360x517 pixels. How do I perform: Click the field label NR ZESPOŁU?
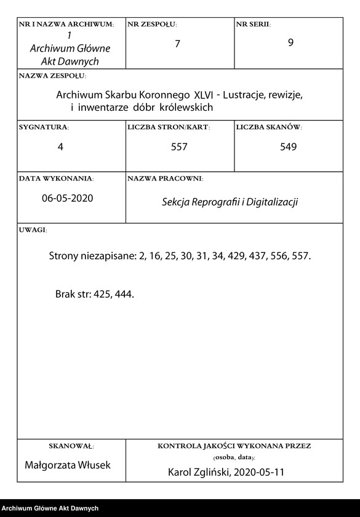[151, 24]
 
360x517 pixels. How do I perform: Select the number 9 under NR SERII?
[290, 44]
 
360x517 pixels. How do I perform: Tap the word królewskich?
[186, 107]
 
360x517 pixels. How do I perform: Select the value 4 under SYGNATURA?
[60, 147]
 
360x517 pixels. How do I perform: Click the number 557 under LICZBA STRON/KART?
[179, 147]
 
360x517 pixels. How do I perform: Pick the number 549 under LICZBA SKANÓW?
[287, 147]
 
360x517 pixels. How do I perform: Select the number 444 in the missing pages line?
[123, 294]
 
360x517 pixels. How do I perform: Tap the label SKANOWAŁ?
[70, 445]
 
